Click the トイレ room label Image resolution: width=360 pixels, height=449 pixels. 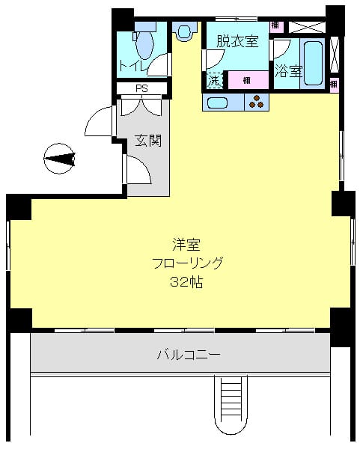(x=132, y=66)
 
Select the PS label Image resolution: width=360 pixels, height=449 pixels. (x=141, y=89)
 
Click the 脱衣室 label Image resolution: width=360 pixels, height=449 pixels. (x=237, y=42)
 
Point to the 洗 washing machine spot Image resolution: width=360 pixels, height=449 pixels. (x=215, y=79)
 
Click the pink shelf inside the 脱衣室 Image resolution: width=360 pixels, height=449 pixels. (x=245, y=79)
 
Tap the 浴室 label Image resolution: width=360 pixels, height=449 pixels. (x=288, y=72)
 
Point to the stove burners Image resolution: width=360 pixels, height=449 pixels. (x=256, y=103)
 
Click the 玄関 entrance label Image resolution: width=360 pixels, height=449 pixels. (x=148, y=141)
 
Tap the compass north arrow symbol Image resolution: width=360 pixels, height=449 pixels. (x=60, y=159)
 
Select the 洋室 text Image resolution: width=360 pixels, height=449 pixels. (x=187, y=245)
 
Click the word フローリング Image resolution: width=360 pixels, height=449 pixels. (x=187, y=263)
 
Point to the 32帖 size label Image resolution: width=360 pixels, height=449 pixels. (x=187, y=283)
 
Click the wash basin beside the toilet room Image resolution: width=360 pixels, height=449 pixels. (x=184, y=30)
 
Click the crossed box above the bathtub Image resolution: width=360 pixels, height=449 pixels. (x=306, y=26)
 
